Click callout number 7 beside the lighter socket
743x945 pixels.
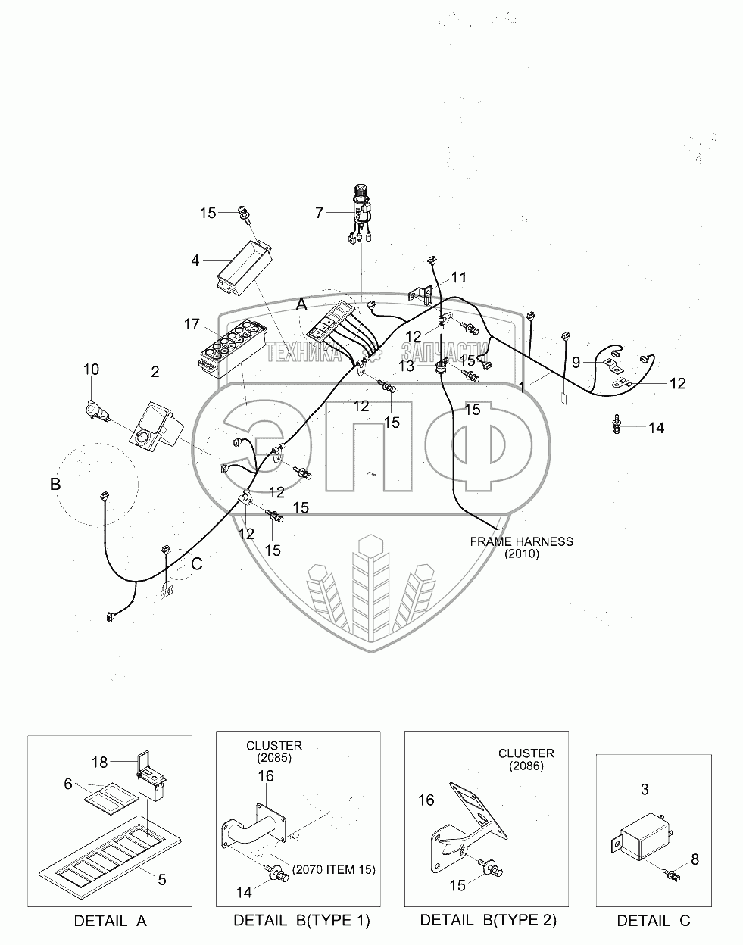point(320,214)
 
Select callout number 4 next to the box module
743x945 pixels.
point(195,261)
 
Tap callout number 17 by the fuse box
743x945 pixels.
point(191,325)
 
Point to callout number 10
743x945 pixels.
point(91,370)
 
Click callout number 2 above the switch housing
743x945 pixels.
point(155,372)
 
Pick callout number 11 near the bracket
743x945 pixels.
point(459,277)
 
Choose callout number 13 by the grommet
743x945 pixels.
point(407,366)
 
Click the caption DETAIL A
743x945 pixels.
point(110,922)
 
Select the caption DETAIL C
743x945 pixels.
point(654,922)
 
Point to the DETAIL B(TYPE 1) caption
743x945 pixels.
point(301,921)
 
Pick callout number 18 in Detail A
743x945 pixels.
point(100,762)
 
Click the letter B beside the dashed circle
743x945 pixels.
point(55,484)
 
